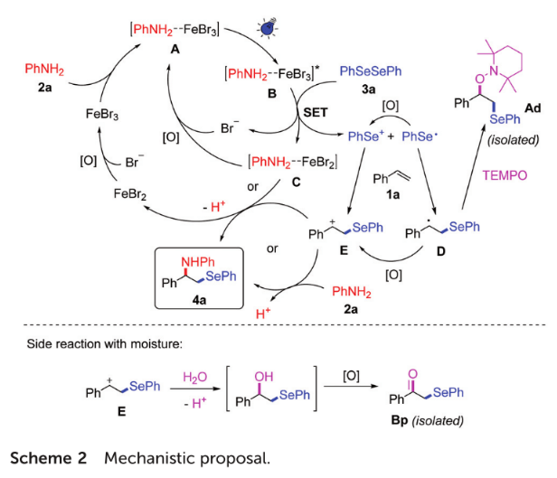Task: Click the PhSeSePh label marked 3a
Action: [368, 70]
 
